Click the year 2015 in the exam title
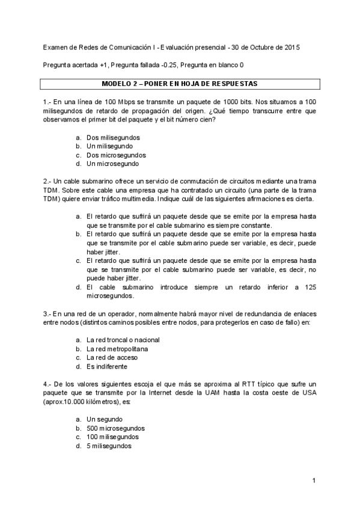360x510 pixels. (x=292, y=46)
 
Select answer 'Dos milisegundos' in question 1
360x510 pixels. (x=113, y=138)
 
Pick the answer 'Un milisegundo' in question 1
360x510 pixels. (x=110, y=146)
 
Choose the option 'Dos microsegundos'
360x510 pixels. (x=115, y=155)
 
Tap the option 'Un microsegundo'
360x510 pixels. (x=112, y=163)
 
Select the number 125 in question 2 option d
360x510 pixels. (x=310, y=287)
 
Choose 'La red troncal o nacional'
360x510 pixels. (x=123, y=340)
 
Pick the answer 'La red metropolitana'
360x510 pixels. (x=117, y=348)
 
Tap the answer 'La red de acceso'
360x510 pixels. (x=111, y=357)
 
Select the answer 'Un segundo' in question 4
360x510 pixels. (x=105, y=419)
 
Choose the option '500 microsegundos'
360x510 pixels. (x=115, y=428)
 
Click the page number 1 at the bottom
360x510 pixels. (x=314, y=481)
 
